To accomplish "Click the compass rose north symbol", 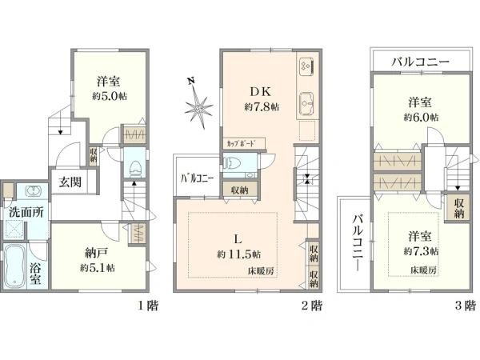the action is tap(199, 104).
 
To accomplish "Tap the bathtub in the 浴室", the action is tap(14, 266).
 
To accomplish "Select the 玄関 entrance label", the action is tap(70, 182).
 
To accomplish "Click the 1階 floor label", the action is tap(148, 306).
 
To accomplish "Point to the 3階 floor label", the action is tap(466, 306).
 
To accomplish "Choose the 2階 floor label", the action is tap(312, 306).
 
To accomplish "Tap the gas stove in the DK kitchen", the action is tap(307, 66).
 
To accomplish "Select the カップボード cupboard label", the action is tap(241, 143).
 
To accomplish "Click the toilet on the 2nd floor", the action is tap(232, 162).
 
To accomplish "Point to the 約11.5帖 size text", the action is tap(238, 254).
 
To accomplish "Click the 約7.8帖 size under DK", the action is tap(262, 107).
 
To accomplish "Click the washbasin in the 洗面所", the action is tap(32, 191).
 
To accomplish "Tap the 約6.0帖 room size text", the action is tap(420, 118).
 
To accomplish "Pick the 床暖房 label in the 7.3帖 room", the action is tap(423, 270).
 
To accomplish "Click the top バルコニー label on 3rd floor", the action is tap(420, 62).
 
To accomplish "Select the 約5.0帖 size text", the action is tap(110, 97).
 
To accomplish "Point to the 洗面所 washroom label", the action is tap(26, 213).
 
